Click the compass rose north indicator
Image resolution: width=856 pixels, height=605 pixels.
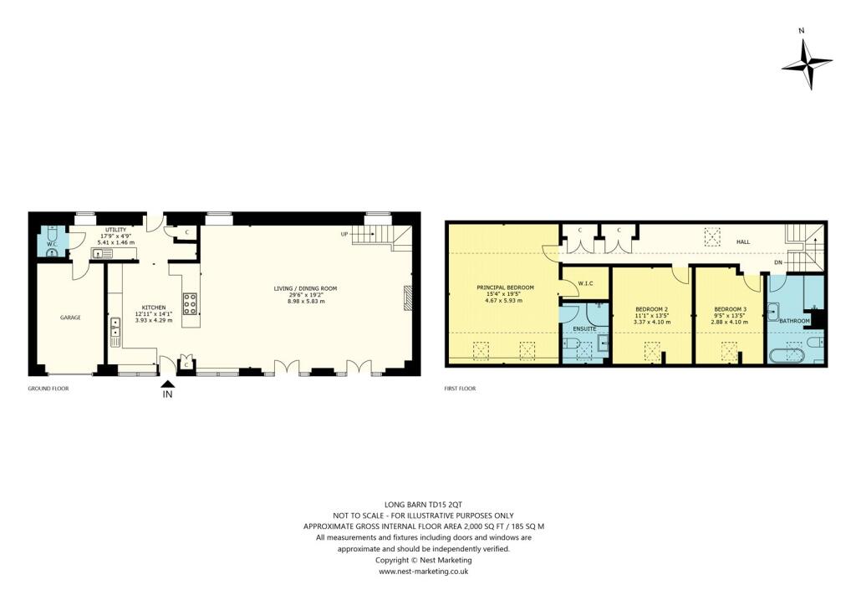click(x=807, y=63)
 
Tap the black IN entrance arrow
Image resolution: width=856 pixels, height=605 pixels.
click(x=168, y=385)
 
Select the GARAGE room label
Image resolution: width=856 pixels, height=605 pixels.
click(x=70, y=318)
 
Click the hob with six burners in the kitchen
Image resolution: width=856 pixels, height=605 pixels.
click(x=190, y=303)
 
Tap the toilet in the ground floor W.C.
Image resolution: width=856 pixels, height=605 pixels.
click(x=52, y=238)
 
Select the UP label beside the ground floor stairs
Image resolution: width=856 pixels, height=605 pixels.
click(x=343, y=233)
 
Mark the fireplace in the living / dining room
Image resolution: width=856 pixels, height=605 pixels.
click(x=407, y=297)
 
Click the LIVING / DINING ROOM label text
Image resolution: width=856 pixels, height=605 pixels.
click(x=305, y=288)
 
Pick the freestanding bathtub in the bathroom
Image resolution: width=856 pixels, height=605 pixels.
click(x=786, y=356)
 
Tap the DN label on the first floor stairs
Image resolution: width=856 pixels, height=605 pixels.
click(x=778, y=263)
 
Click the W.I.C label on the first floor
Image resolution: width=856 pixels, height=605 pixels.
click(x=585, y=283)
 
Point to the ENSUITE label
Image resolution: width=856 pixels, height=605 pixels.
click(x=584, y=329)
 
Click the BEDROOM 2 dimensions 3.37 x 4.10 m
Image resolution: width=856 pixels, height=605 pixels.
click(x=653, y=323)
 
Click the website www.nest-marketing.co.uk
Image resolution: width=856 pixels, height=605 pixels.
click(x=424, y=572)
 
